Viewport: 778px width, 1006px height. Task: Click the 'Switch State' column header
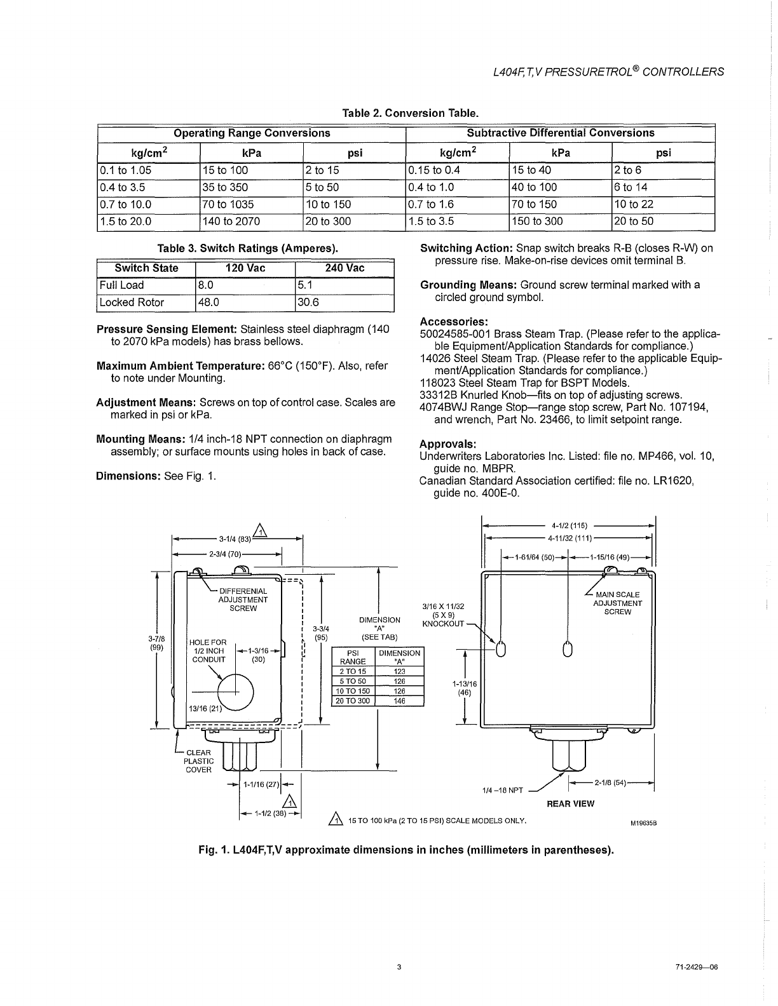pyautogui.click(x=146, y=268)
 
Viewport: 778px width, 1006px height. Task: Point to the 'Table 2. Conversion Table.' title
pyautogui.click(x=410, y=114)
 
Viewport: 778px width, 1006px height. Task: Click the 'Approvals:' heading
pyautogui.click(x=448, y=444)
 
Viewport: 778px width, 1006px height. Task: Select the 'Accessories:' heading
pyautogui.click(x=453, y=321)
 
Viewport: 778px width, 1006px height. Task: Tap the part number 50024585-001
pyautogui.click(x=454, y=334)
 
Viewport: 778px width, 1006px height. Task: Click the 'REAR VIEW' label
pyautogui.click(x=570, y=803)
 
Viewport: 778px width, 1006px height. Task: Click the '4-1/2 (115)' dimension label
pyautogui.click(x=570, y=526)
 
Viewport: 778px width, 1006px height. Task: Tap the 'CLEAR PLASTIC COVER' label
pyautogui.click(x=198, y=761)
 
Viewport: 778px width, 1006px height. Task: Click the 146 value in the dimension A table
pyautogui.click(x=399, y=701)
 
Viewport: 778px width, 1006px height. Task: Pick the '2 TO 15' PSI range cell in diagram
pyautogui.click(x=353, y=671)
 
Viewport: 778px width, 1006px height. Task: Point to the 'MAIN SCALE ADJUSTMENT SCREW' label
pyautogui.click(x=617, y=603)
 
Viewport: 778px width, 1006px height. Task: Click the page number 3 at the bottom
pyautogui.click(x=399, y=967)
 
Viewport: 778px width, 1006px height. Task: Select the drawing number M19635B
pyautogui.click(x=643, y=823)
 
